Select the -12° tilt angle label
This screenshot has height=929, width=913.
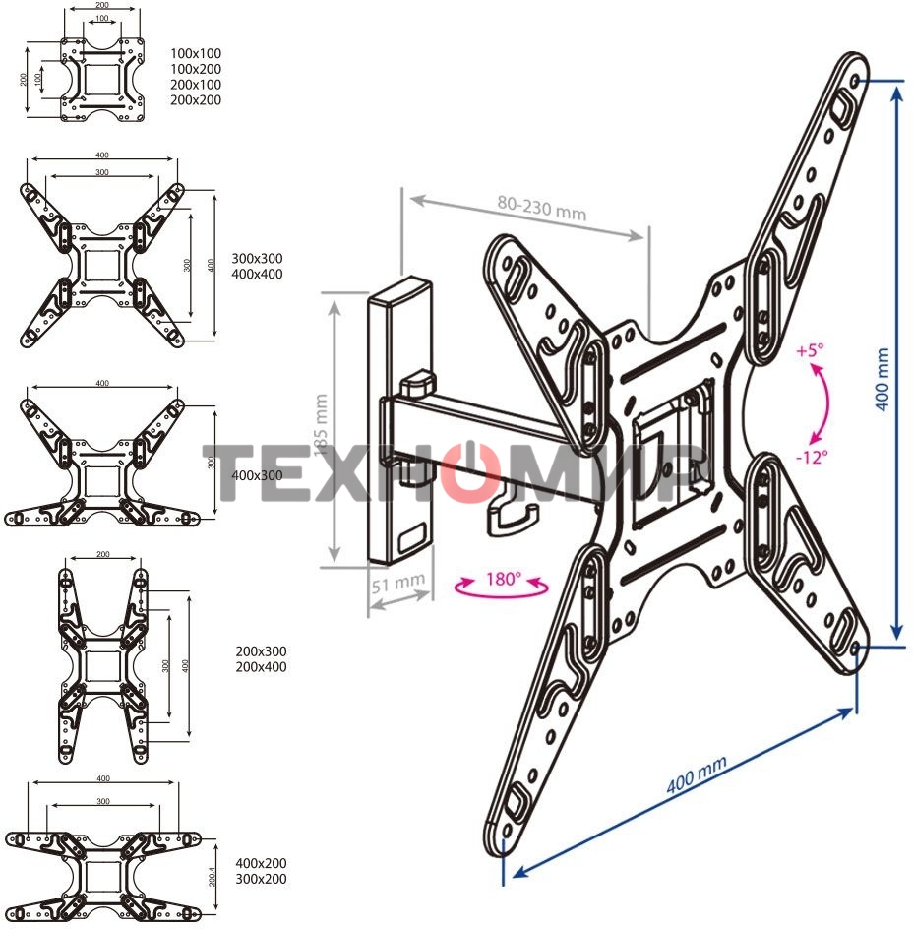(813, 456)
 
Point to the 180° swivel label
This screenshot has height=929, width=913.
(502, 580)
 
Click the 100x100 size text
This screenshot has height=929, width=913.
(196, 53)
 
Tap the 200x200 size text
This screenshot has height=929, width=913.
(196, 100)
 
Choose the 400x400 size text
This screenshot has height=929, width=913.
(257, 274)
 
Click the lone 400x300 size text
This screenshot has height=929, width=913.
(257, 474)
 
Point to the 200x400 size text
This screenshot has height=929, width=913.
(262, 667)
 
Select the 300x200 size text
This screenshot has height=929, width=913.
(262, 879)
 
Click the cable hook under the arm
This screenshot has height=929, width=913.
(512, 516)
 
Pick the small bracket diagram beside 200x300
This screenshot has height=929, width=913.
(102, 664)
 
